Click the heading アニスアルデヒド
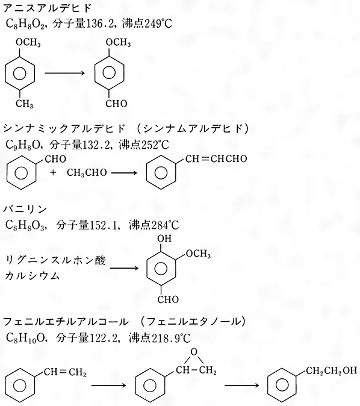point(48,8)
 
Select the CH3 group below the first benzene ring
point(24,104)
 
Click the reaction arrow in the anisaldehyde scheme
point(65,73)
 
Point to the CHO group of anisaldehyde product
point(116,104)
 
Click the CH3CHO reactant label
point(87,173)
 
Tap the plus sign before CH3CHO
point(53,172)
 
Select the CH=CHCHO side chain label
point(216,158)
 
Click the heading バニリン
point(25,208)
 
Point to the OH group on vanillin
point(164,238)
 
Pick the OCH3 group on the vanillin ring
point(198,254)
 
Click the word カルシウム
point(33,276)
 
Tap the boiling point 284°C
point(164,225)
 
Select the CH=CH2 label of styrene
point(64,373)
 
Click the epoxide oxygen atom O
point(194,352)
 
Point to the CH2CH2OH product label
point(331,370)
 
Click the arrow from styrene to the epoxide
point(109,386)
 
